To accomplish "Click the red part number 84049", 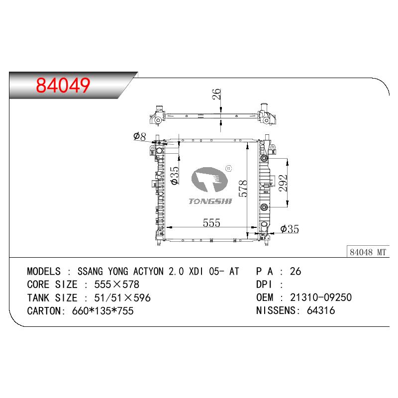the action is (x=63, y=85).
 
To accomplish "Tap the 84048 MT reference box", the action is (x=368, y=252).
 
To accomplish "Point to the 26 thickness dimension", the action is (x=216, y=94).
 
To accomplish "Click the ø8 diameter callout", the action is (x=140, y=136).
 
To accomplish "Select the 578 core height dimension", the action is (x=243, y=189).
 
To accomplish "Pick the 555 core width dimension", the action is (x=211, y=223).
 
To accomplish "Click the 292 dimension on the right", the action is (x=283, y=183).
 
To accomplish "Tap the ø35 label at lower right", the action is (x=290, y=229).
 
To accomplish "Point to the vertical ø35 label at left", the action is (x=175, y=176).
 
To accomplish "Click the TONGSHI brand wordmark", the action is (x=210, y=201).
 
